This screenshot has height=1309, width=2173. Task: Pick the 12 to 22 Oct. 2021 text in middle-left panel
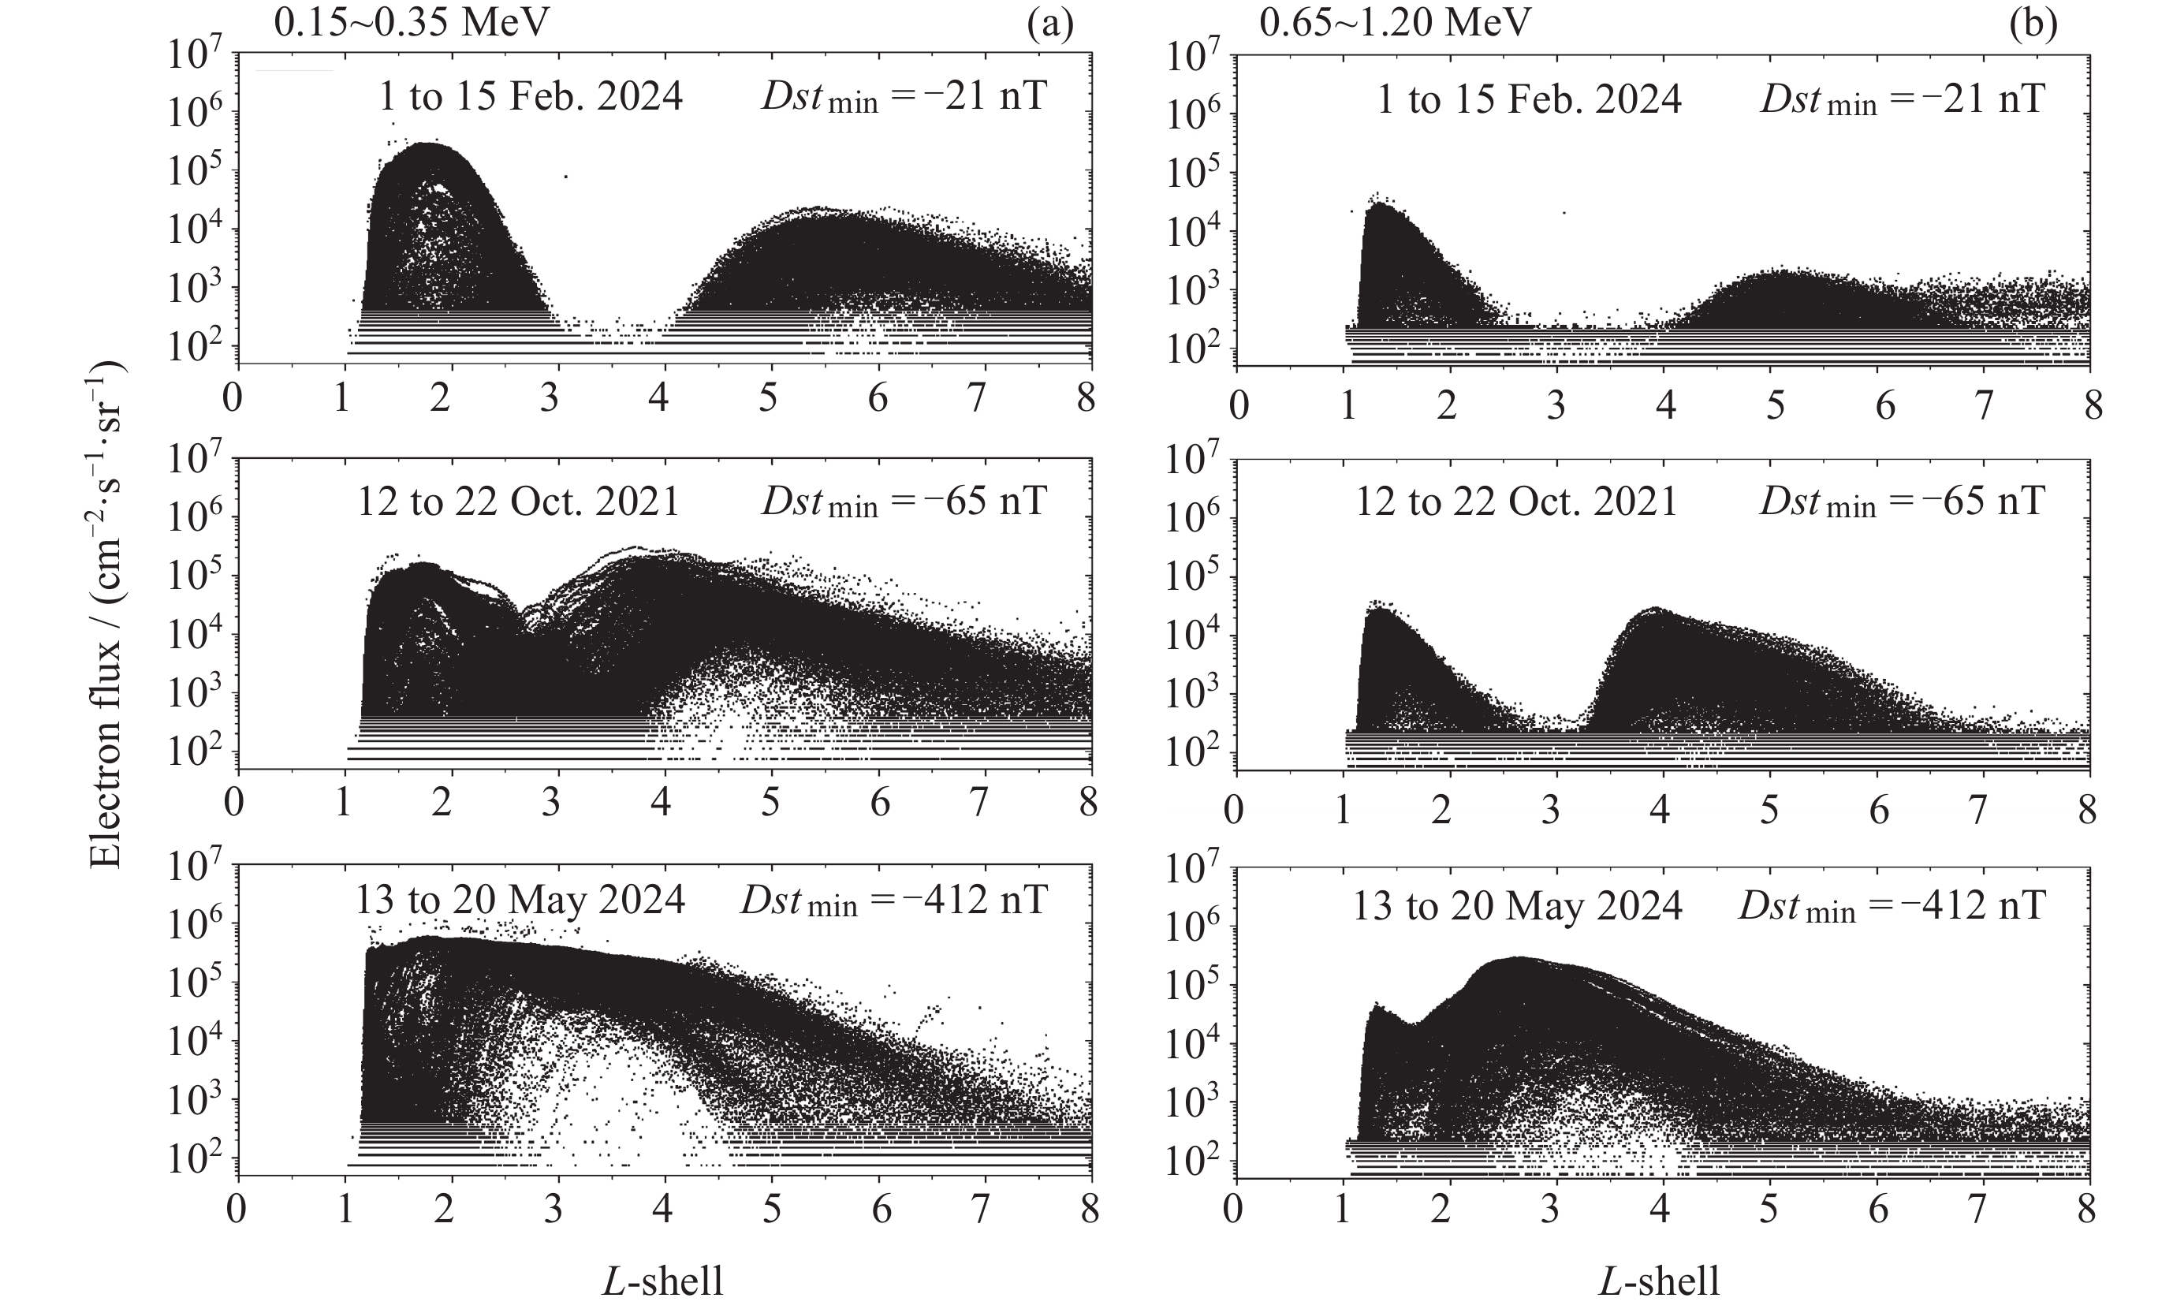pos(519,501)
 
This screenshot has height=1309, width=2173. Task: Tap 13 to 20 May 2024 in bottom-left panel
pos(520,901)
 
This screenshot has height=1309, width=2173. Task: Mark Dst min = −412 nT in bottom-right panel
pos(1891,905)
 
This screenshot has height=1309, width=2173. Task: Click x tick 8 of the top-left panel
pos(1086,399)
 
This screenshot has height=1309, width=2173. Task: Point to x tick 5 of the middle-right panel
pos(1769,810)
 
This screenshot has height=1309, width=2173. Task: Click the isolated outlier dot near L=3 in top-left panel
pos(565,177)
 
